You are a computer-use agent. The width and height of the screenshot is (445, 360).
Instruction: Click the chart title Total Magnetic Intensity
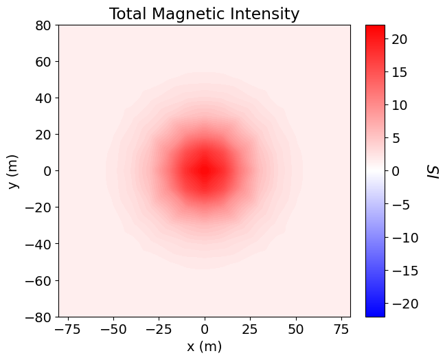click(x=204, y=14)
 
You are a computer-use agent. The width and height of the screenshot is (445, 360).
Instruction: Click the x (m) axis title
click(x=204, y=346)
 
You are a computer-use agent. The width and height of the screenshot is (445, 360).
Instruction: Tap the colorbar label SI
click(x=433, y=171)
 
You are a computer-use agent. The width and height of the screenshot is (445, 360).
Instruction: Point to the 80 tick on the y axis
click(x=45, y=25)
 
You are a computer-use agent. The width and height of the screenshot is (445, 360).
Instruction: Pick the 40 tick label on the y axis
click(x=45, y=98)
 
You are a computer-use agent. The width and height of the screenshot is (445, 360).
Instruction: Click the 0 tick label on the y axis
click(x=48, y=171)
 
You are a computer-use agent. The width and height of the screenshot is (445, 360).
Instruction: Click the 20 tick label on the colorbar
click(x=400, y=39)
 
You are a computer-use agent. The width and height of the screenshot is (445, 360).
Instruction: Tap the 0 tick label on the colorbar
click(x=396, y=171)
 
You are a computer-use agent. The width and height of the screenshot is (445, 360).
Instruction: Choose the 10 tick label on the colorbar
click(x=400, y=105)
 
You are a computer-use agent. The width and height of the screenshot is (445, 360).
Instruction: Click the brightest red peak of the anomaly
click(x=204, y=170)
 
